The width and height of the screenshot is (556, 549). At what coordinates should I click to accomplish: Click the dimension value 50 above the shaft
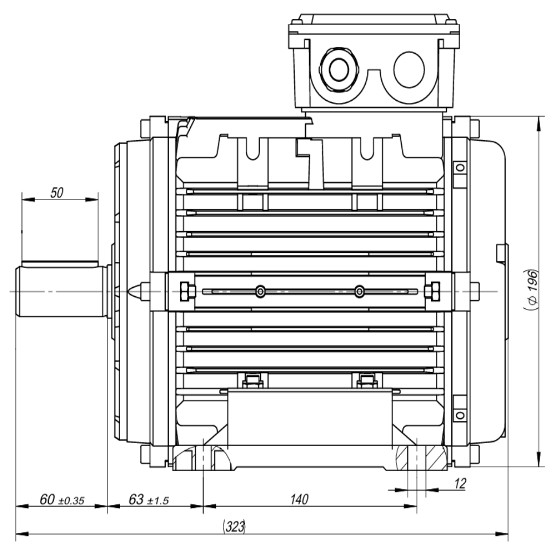coord(57,193)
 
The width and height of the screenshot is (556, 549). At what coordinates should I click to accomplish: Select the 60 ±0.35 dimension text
coord(61,500)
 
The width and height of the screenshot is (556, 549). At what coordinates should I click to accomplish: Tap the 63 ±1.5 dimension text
coord(148,500)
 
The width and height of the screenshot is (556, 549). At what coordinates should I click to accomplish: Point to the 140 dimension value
coord(299,500)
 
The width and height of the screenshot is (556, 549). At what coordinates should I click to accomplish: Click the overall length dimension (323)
coord(234,527)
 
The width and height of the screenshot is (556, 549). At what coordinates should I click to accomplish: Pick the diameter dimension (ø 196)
coord(530,289)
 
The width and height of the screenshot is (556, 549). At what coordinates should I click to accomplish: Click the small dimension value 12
coord(460,484)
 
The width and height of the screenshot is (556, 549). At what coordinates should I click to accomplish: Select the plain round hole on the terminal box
coord(409,69)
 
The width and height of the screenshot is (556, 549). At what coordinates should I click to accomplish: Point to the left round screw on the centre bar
coord(261,292)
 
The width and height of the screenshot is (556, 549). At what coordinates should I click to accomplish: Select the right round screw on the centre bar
coord(359,292)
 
